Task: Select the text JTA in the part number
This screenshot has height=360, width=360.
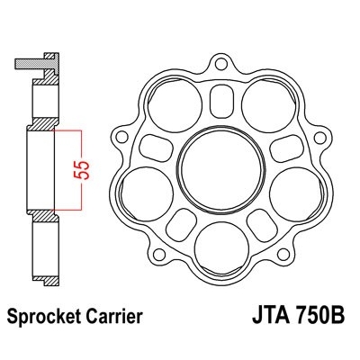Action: (x=264, y=319)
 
